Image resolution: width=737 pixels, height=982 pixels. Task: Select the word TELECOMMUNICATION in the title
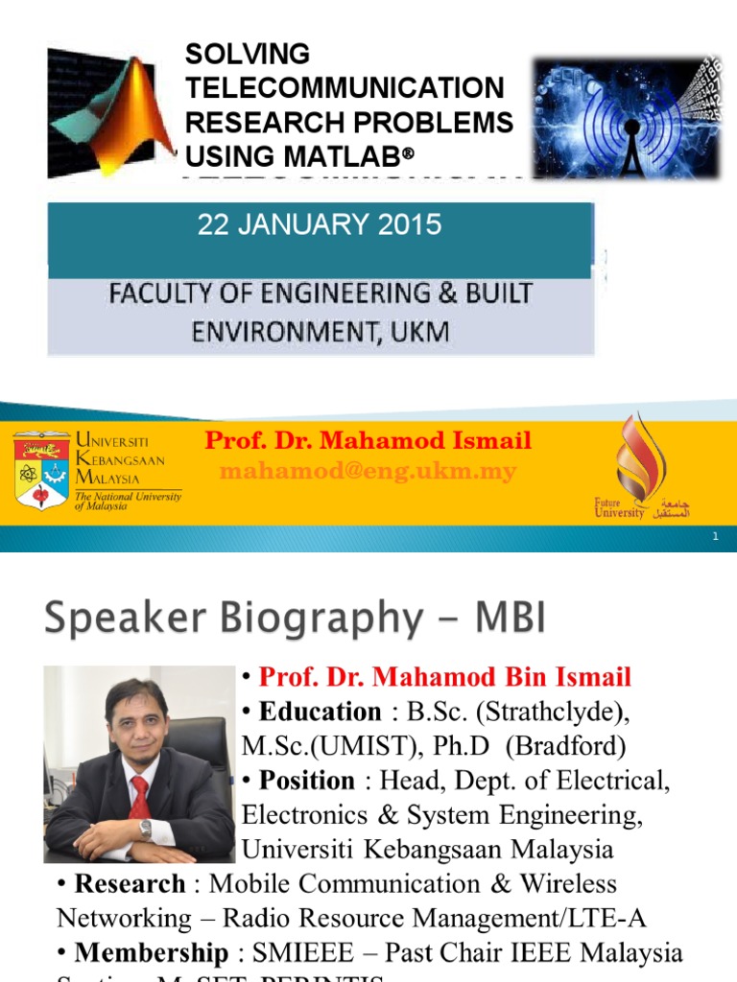[x=345, y=88]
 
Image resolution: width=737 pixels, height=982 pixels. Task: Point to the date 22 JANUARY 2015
[x=319, y=225]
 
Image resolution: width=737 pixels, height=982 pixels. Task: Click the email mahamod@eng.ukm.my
[x=368, y=472]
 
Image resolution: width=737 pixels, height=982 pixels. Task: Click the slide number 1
[x=716, y=539]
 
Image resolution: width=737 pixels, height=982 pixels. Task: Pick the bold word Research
[x=130, y=883]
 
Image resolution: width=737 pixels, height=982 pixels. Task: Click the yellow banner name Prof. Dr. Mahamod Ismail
[x=368, y=441]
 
